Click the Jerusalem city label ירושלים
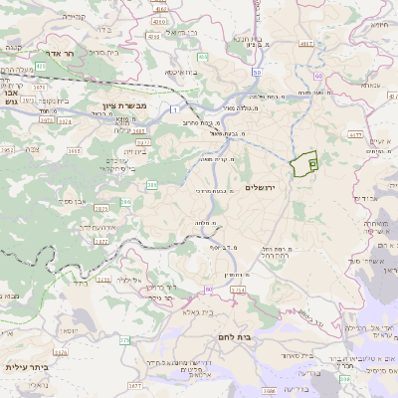click(266, 187)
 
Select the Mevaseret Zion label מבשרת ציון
click(124, 104)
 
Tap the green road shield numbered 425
click(40, 65)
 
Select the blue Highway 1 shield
click(175, 107)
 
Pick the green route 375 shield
click(125, 340)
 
